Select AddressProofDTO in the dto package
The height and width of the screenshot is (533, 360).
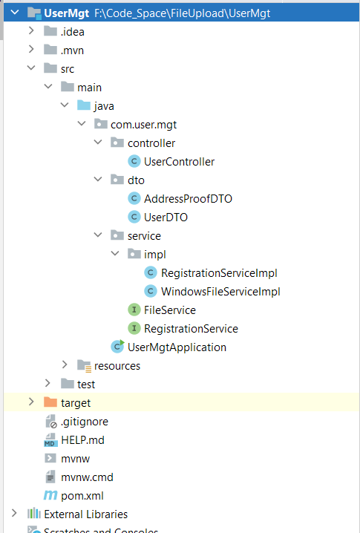188,198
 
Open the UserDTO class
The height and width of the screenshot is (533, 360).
166,217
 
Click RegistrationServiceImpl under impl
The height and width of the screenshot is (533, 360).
218,272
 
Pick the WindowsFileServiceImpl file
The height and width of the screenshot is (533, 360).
220,291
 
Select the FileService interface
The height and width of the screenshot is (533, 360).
170,310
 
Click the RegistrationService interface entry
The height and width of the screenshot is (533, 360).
191,328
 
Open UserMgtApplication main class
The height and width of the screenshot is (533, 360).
177,347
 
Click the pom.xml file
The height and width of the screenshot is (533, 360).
76,495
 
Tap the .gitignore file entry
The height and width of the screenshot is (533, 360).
84,421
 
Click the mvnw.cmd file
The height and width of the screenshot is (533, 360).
87,477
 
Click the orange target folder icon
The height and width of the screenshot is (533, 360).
50,402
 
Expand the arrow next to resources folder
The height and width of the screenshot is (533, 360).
65,365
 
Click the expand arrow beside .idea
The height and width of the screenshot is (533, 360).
30,30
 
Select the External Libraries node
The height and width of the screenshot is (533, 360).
85,514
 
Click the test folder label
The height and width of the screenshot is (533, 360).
86,384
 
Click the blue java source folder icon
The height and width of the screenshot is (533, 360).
84,105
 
